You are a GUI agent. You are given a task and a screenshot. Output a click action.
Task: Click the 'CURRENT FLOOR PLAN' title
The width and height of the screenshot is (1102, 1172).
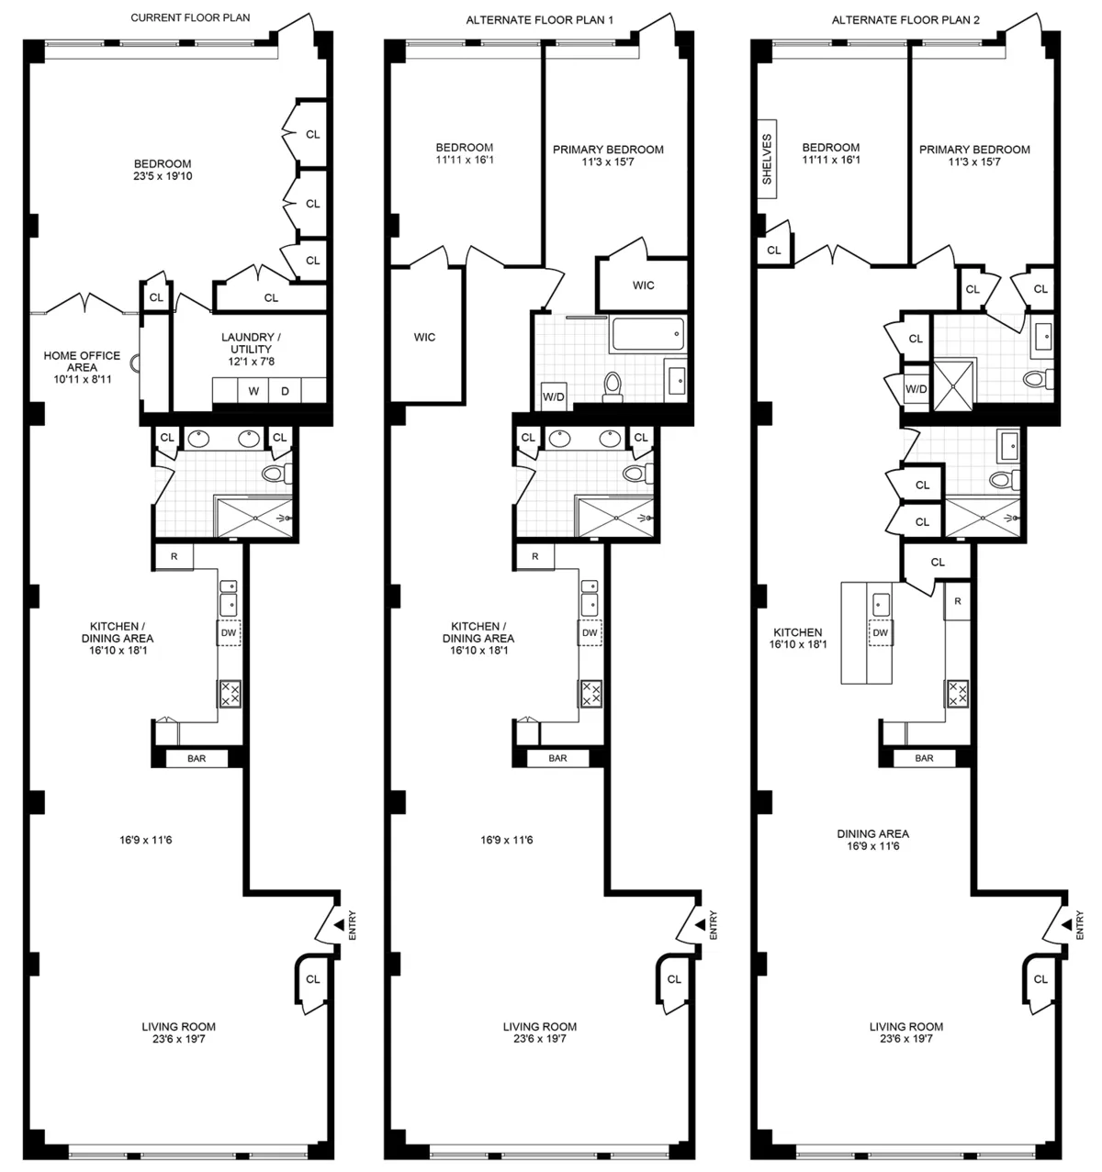coord(190,17)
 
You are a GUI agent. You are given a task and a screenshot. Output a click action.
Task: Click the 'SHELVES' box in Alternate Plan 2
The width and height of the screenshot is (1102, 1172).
coord(768,159)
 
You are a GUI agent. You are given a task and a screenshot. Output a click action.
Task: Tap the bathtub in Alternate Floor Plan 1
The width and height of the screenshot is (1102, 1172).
coord(648,335)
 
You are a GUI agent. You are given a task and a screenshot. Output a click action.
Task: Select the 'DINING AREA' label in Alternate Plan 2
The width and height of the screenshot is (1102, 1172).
coord(872,833)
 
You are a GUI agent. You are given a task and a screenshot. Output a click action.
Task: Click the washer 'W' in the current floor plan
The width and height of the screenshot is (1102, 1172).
coord(253,391)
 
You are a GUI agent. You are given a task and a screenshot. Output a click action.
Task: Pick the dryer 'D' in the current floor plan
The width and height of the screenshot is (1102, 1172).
coord(286,391)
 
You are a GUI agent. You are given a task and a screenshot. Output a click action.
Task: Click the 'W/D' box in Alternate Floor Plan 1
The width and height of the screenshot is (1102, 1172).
coord(554,396)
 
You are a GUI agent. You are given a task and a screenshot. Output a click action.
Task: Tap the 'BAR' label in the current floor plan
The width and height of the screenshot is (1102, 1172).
coord(196,758)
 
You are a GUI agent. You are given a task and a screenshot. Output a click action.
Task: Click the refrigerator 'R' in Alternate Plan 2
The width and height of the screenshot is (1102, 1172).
coord(957,601)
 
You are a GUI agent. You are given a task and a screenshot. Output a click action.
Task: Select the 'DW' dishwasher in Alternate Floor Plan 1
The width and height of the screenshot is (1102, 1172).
coord(590,632)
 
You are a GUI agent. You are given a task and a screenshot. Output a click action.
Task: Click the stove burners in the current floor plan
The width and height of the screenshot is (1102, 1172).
coord(230,693)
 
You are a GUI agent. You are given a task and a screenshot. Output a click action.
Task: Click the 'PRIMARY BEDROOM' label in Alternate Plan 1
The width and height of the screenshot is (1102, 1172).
coord(608,150)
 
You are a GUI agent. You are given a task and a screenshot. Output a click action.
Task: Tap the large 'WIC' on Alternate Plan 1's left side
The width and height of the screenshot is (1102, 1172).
coord(424,337)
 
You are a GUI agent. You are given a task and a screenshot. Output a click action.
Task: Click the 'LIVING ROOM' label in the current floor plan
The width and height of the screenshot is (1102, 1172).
coord(178,1027)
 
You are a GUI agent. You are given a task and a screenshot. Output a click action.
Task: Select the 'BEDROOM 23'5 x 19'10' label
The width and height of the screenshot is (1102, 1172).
coord(163,170)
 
